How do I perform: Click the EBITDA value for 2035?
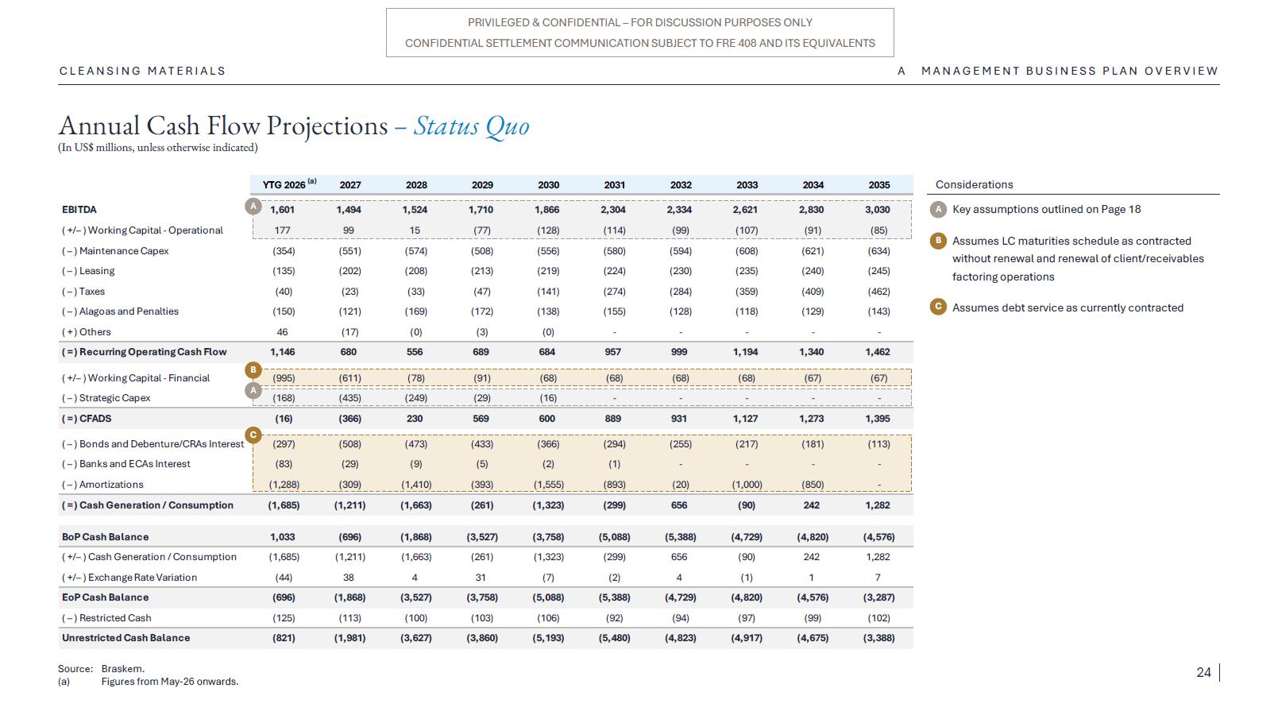click(x=878, y=210)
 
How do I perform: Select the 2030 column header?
click(x=548, y=185)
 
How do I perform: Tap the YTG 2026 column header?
click(x=289, y=184)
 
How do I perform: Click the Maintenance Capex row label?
click(x=115, y=250)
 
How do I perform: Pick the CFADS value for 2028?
click(x=415, y=418)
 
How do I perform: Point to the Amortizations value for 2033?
click(x=747, y=485)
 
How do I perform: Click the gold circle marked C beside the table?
click(x=253, y=435)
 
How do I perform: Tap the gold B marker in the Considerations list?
click(x=938, y=241)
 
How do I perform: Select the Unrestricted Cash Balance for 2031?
click(x=615, y=638)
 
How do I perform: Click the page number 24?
click(x=1204, y=672)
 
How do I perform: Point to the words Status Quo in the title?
click(x=471, y=126)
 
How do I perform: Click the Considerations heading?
click(x=975, y=184)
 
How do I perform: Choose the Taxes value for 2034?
click(x=813, y=292)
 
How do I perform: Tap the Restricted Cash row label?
click(x=106, y=617)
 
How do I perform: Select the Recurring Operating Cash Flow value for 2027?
click(x=349, y=352)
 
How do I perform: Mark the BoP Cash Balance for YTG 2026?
click(x=283, y=537)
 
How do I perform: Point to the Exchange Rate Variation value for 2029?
click(x=481, y=578)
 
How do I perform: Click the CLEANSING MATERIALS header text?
click(x=143, y=71)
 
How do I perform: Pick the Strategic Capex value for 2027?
click(x=349, y=398)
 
